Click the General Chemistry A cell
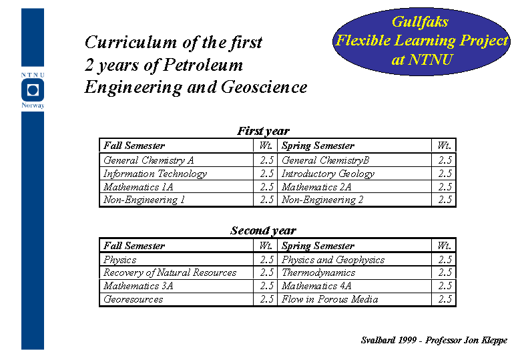coord(149,160)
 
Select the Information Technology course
coord(156,174)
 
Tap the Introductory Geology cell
coord(328,174)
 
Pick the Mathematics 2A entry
coord(316,187)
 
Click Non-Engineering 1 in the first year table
coord(144,200)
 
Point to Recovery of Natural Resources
coord(170,273)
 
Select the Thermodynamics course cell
coord(318,273)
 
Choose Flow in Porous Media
coord(330,299)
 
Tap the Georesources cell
coord(133,299)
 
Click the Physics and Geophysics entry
coord(333,260)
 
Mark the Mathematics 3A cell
coord(138,286)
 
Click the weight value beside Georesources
coord(266,299)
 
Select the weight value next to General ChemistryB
coord(445,160)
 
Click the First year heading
coord(263,131)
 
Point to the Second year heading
coord(263,230)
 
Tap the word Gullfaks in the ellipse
coord(420,22)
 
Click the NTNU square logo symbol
coord(33,90)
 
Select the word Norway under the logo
coord(33,106)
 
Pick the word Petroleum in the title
coord(204,65)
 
